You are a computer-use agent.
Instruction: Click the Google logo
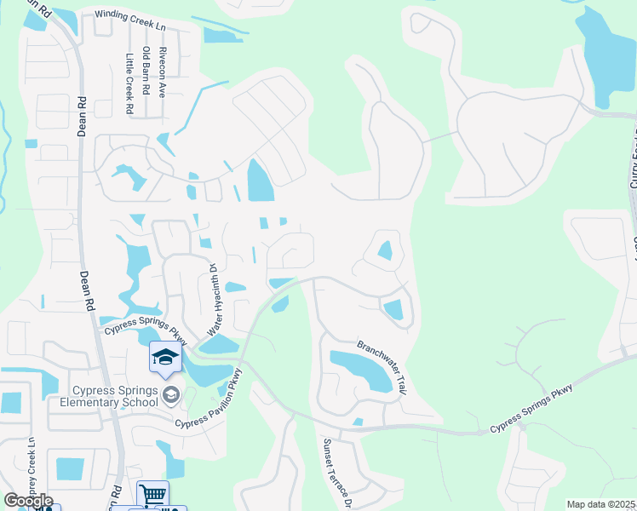pyautogui.click(x=28, y=501)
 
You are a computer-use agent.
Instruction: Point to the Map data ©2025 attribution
pyautogui.click(x=601, y=504)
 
